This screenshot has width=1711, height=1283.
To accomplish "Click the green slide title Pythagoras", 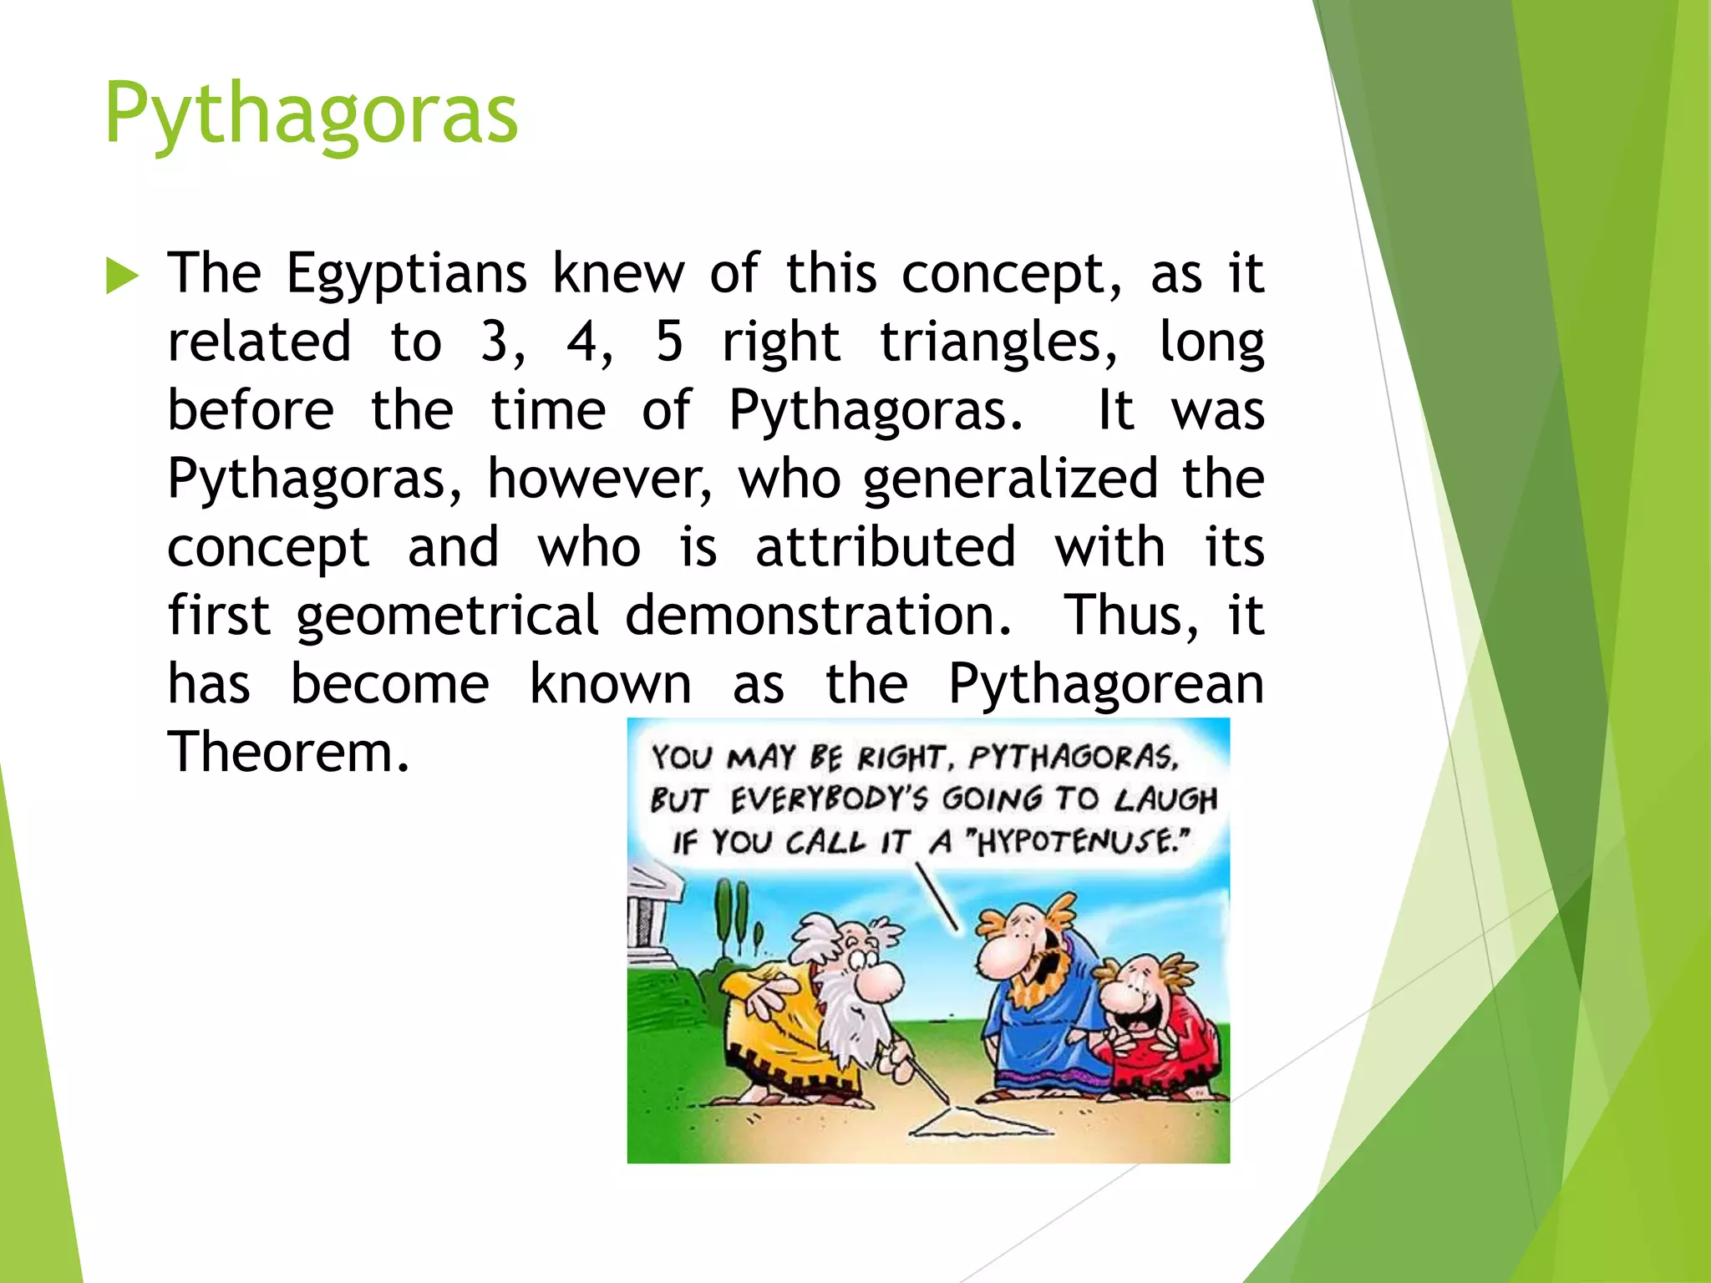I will pos(311,114).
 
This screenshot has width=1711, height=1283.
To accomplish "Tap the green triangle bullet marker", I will pos(122,276).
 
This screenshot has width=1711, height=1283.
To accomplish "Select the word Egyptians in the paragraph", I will pos(406,275).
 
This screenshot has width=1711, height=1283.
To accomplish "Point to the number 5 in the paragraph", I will pos(669,342).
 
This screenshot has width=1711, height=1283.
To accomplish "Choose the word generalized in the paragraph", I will pos(1010,479).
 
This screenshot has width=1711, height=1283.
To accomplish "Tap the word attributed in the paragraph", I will pos(886,547).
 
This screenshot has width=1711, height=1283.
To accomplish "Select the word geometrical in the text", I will pos(447,616).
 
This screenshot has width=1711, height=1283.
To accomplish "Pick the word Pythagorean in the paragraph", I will pos(1106,685).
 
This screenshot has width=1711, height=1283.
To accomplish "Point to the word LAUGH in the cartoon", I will pos(1165,799).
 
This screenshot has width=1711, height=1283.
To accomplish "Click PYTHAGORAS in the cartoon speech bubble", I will pos(1073,757).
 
